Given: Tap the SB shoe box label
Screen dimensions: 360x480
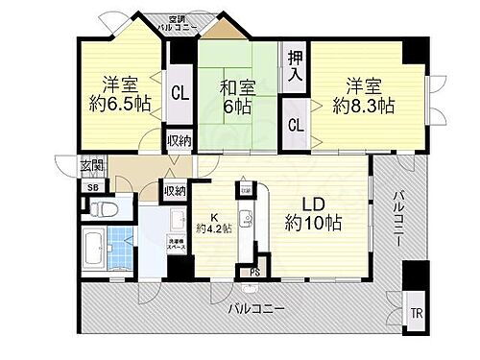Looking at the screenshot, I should [x=91, y=188].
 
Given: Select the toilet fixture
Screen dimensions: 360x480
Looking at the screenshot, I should [x=107, y=207].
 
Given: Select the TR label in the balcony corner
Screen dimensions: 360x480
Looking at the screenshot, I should [x=416, y=313].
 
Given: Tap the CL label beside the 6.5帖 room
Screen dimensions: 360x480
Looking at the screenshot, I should [x=180, y=93].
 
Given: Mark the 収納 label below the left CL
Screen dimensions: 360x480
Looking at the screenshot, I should [x=179, y=141].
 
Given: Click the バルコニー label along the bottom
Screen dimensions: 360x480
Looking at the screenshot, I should [x=256, y=310].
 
